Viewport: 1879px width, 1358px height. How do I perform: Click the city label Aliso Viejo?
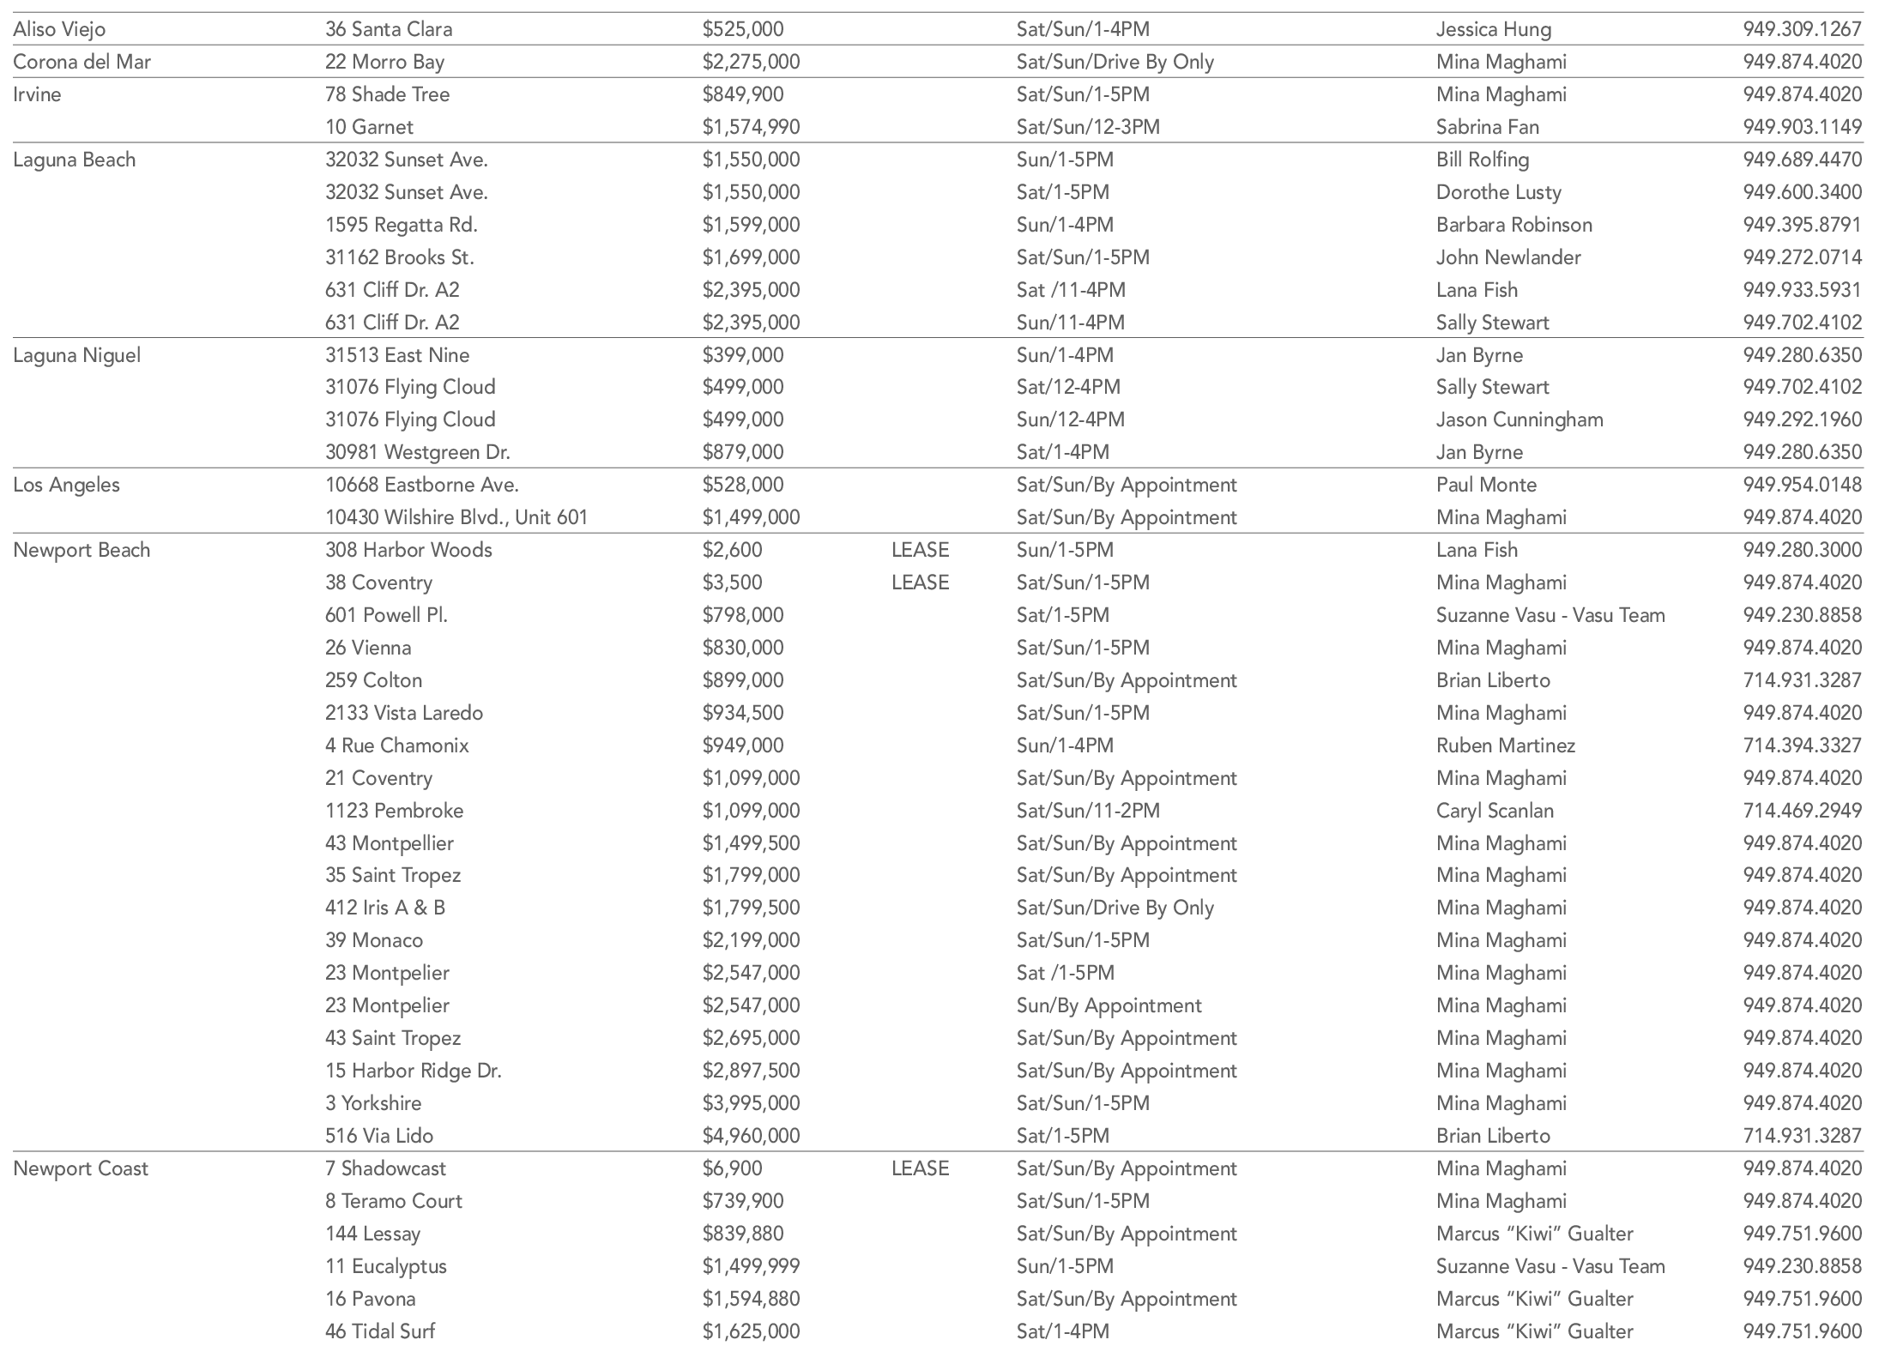(59, 29)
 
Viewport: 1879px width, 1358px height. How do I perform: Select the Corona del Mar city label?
(82, 62)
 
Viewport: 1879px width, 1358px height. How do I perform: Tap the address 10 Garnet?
(369, 127)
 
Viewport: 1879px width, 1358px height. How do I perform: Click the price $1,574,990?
(751, 127)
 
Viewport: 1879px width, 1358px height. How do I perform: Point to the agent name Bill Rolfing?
(1482, 160)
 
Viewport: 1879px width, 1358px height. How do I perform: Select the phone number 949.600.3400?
(1802, 192)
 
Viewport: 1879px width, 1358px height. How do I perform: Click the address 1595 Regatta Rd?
(401, 225)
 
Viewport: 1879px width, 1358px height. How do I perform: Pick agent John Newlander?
(1507, 257)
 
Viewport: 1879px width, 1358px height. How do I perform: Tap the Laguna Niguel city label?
(76, 355)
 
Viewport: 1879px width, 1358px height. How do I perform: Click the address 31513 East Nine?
(397, 355)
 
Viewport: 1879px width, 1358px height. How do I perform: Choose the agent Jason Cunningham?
(1519, 419)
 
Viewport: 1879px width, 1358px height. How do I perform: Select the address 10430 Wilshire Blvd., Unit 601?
(456, 517)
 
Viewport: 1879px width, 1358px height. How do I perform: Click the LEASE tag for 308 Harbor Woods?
(920, 550)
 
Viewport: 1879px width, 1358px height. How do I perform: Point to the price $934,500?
(743, 713)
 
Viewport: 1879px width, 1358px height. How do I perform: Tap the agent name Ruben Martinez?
(1505, 745)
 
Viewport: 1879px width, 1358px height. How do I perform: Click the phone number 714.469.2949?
(1802, 811)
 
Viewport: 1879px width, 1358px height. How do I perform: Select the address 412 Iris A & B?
(384, 908)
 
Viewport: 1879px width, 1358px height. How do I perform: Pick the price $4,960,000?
(751, 1136)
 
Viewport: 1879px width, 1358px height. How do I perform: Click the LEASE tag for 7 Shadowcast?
(920, 1168)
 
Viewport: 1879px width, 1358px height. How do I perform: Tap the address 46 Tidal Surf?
(379, 1331)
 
